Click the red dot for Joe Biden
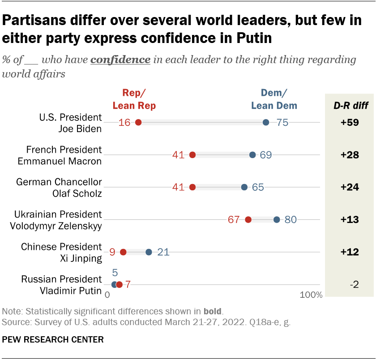[x=138, y=122]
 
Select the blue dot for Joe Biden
[x=266, y=122]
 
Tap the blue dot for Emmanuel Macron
[x=252, y=155]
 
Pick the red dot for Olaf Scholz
[x=192, y=187]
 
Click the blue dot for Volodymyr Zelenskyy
[x=277, y=219]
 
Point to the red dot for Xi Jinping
[x=123, y=252]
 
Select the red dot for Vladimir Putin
[x=119, y=284]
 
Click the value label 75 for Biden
[x=282, y=123]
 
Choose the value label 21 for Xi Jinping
[x=163, y=253]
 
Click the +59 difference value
[x=350, y=123]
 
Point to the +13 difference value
[x=350, y=220]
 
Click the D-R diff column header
[x=350, y=106]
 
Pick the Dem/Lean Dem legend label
[x=274, y=99]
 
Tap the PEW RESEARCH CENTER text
[x=53, y=339]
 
